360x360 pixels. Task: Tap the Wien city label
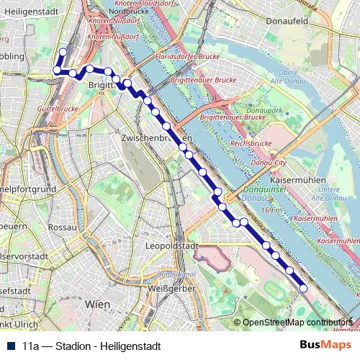click(97, 305)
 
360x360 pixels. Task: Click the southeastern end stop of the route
click(303, 288)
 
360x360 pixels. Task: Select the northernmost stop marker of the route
click(63, 52)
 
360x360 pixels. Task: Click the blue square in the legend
click(11, 346)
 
